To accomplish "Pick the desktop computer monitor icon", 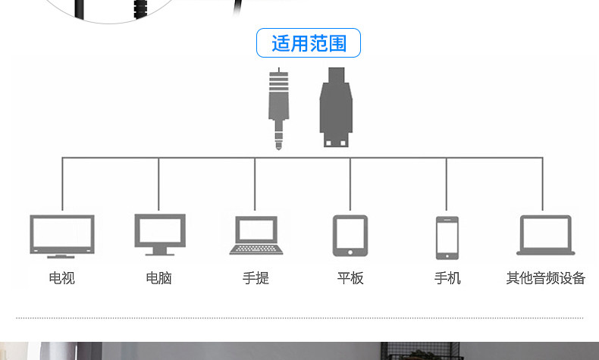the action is (159, 233).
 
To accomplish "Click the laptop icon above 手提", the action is (256, 235).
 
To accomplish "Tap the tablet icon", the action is (350, 235).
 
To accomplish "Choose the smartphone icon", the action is (447, 237).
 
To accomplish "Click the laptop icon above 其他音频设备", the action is (545, 235).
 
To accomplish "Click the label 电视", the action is (62, 278).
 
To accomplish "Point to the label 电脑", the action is (159, 278).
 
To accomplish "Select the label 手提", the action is (256, 278).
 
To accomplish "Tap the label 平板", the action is (350, 278).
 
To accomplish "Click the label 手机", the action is (447, 278).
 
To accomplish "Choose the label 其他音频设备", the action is (546, 278).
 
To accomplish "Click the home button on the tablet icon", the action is (350, 252).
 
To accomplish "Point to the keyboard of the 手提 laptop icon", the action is (256, 249).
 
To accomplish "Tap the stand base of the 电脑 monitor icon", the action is (159, 252).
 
